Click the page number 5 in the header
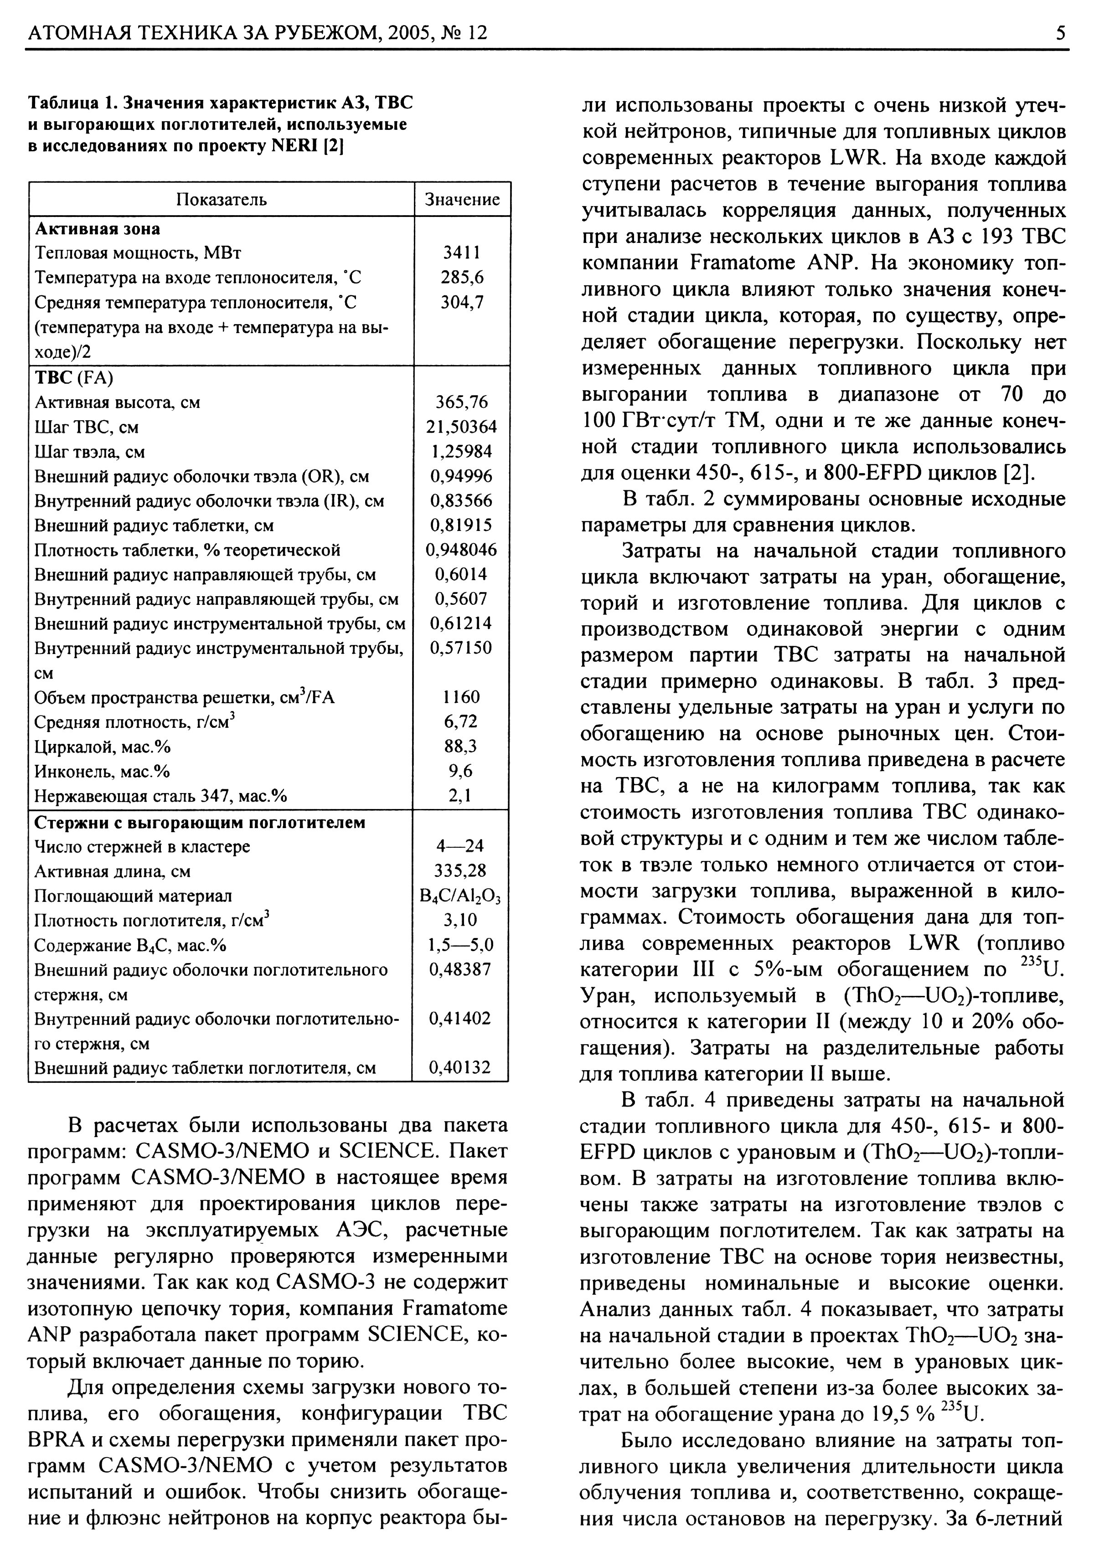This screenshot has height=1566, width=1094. click(x=1061, y=33)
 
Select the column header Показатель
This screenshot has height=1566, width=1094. click(x=222, y=199)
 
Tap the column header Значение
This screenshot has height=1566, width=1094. click(x=462, y=199)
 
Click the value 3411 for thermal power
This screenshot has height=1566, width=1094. click(x=462, y=252)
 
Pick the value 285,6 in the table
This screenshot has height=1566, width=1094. click(x=462, y=277)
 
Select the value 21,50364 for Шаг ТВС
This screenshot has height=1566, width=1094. click(x=462, y=427)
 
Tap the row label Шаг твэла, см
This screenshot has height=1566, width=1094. click(x=89, y=452)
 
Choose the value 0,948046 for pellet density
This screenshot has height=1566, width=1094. click(x=462, y=550)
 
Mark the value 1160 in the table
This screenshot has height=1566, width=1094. click(x=462, y=696)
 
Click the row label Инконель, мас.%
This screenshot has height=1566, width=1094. click(x=102, y=771)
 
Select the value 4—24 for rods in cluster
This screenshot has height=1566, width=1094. click(x=460, y=846)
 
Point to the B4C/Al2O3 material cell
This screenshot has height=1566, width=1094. click(x=460, y=896)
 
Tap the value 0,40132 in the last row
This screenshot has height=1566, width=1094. click(x=460, y=1067)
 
